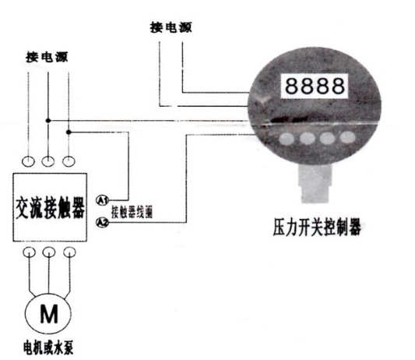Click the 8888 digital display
coord(315,86)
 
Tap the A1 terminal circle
coord(102,199)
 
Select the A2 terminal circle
coord(102,222)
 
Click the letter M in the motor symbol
coord(49,314)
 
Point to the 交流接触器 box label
coord(51,207)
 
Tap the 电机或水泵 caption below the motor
coord(48,348)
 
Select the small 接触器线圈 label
coord(132,212)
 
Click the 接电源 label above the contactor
coord(47,57)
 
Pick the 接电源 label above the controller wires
coord(171,27)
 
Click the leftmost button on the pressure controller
coord(287,139)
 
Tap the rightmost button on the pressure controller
coord(347,137)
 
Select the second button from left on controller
coord(308,138)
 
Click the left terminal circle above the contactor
coord(28,161)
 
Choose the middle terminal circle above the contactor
coord(48,161)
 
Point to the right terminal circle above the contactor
coord(69,161)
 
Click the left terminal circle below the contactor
coord(29,252)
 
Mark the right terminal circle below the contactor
coord(69,252)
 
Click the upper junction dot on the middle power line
coord(48,121)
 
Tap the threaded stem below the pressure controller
coord(315,183)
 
